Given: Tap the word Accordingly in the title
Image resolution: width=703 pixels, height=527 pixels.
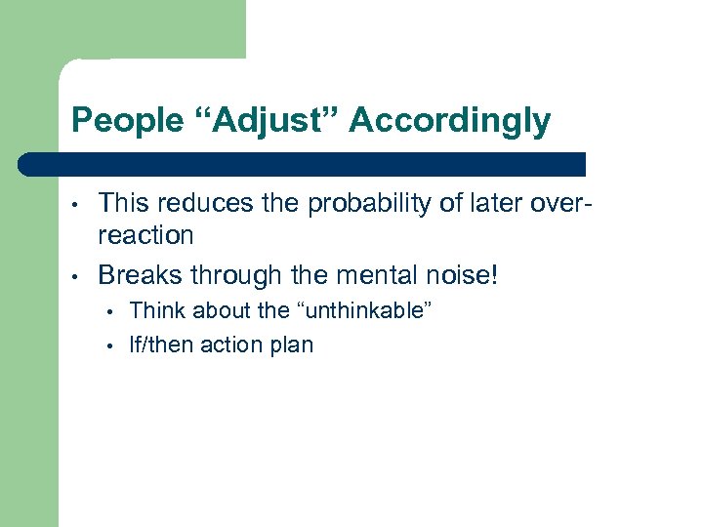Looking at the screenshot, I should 449,121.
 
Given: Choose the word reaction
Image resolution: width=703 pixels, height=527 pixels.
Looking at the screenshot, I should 145,235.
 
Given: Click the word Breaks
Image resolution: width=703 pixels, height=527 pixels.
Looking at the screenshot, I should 139,275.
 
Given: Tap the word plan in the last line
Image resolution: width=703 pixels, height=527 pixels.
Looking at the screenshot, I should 290,345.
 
